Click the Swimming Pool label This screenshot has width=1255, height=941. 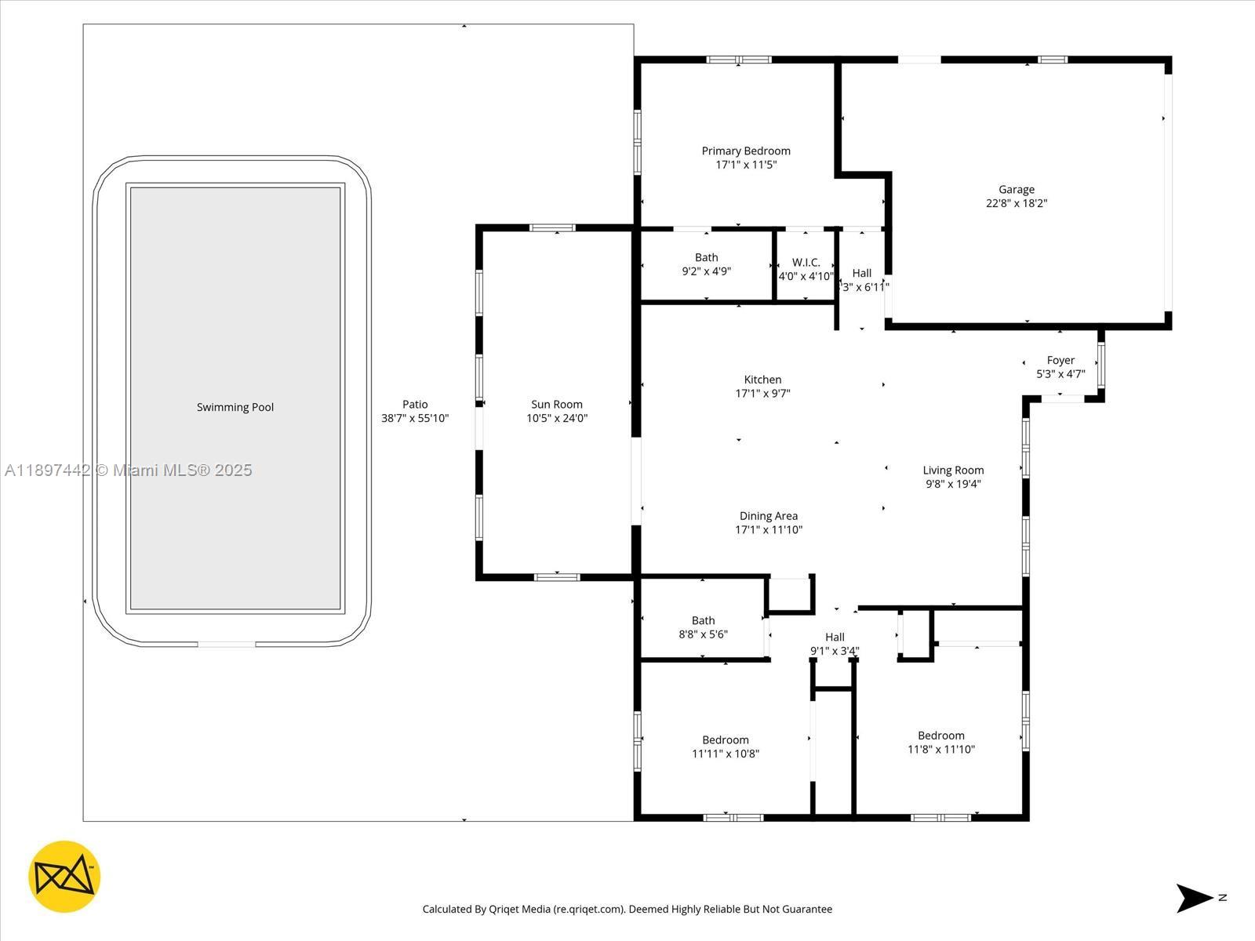tap(235, 407)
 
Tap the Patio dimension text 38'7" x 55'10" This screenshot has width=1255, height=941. tap(415, 419)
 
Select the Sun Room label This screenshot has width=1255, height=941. tap(557, 405)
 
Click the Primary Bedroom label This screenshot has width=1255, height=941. tap(746, 151)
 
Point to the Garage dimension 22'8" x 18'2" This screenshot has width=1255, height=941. tap(1017, 203)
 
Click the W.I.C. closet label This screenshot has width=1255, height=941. tap(806, 263)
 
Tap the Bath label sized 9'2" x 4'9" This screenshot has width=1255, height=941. tap(706, 257)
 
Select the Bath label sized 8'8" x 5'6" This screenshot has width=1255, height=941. tap(703, 620)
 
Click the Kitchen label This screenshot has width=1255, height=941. tap(762, 380)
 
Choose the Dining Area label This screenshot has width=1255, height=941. tap(769, 516)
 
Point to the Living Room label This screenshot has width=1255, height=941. tap(953, 470)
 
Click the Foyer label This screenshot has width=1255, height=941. tap(1060, 361)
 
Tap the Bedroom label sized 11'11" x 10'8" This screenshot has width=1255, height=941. tap(726, 740)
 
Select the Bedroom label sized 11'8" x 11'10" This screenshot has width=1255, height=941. tap(941, 736)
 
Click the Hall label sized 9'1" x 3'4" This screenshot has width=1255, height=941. tap(835, 637)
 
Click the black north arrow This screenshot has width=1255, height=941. tap(1193, 898)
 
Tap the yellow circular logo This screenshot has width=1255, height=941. tap(64, 877)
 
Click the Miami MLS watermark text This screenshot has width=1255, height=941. tap(129, 470)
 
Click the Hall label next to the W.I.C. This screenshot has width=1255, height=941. tap(862, 273)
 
